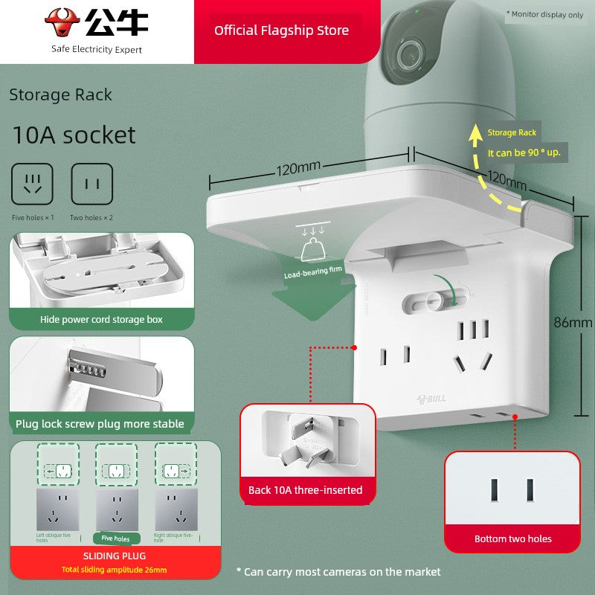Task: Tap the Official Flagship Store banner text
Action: tap(281, 30)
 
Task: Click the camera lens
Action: tap(407, 54)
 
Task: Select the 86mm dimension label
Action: tap(573, 323)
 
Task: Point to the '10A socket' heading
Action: tap(74, 135)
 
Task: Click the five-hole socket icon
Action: tap(32, 184)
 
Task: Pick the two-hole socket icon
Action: tap(91, 184)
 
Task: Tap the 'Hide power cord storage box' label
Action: tap(101, 320)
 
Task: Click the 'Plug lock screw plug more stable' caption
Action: tap(100, 424)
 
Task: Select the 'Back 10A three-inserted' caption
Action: tap(306, 490)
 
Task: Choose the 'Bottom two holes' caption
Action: tap(513, 538)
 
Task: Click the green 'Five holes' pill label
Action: tap(115, 538)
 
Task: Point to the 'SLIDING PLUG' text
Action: tap(115, 556)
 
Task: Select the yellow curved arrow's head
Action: tap(475, 133)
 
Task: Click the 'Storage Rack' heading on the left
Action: tap(60, 94)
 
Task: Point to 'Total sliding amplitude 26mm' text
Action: tap(115, 570)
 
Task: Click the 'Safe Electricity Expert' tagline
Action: tap(97, 49)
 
